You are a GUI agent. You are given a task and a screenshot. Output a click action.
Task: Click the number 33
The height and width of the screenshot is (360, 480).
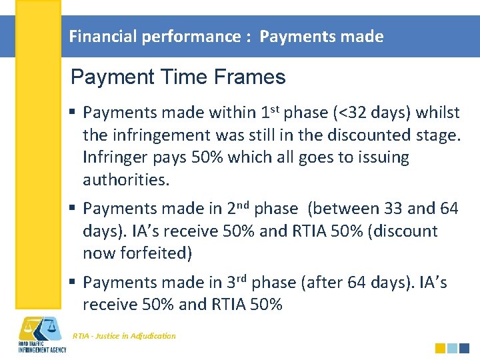click(393, 209)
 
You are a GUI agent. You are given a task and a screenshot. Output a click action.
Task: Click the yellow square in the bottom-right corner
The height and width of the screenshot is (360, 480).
click(440, 348)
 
